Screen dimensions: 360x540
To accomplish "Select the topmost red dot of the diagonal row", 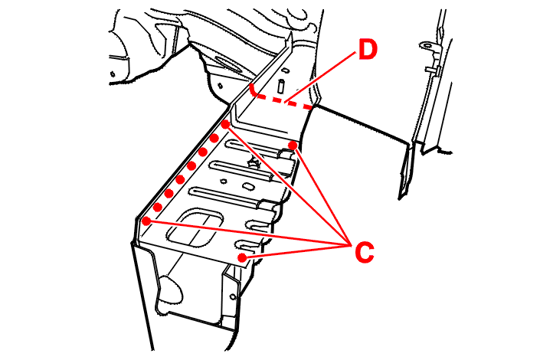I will (x=226, y=123).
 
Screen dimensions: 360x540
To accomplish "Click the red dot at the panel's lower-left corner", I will (x=146, y=221).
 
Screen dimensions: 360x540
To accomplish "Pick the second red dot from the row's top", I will (x=214, y=138).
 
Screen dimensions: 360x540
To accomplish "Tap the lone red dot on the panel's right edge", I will (x=293, y=145).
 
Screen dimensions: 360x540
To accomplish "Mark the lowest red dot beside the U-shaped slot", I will (x=242, y=258).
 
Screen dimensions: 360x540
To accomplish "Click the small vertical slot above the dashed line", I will (x=282, y=83).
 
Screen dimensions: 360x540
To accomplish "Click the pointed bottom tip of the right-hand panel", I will (x=402, y=195).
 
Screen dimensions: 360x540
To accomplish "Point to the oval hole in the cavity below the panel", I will (x=173, y=288).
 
